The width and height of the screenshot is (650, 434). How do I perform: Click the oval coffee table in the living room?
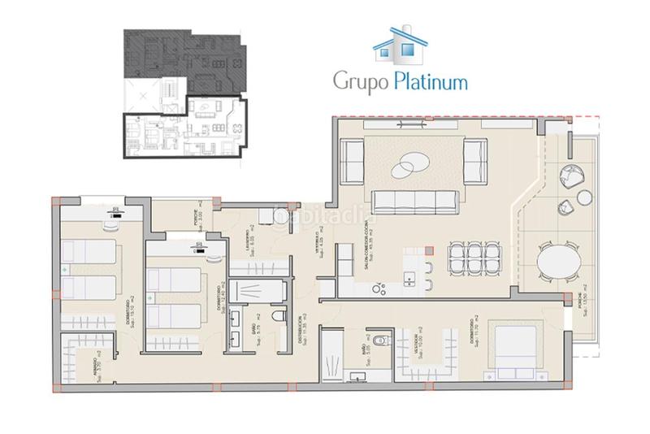pos(409,166)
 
